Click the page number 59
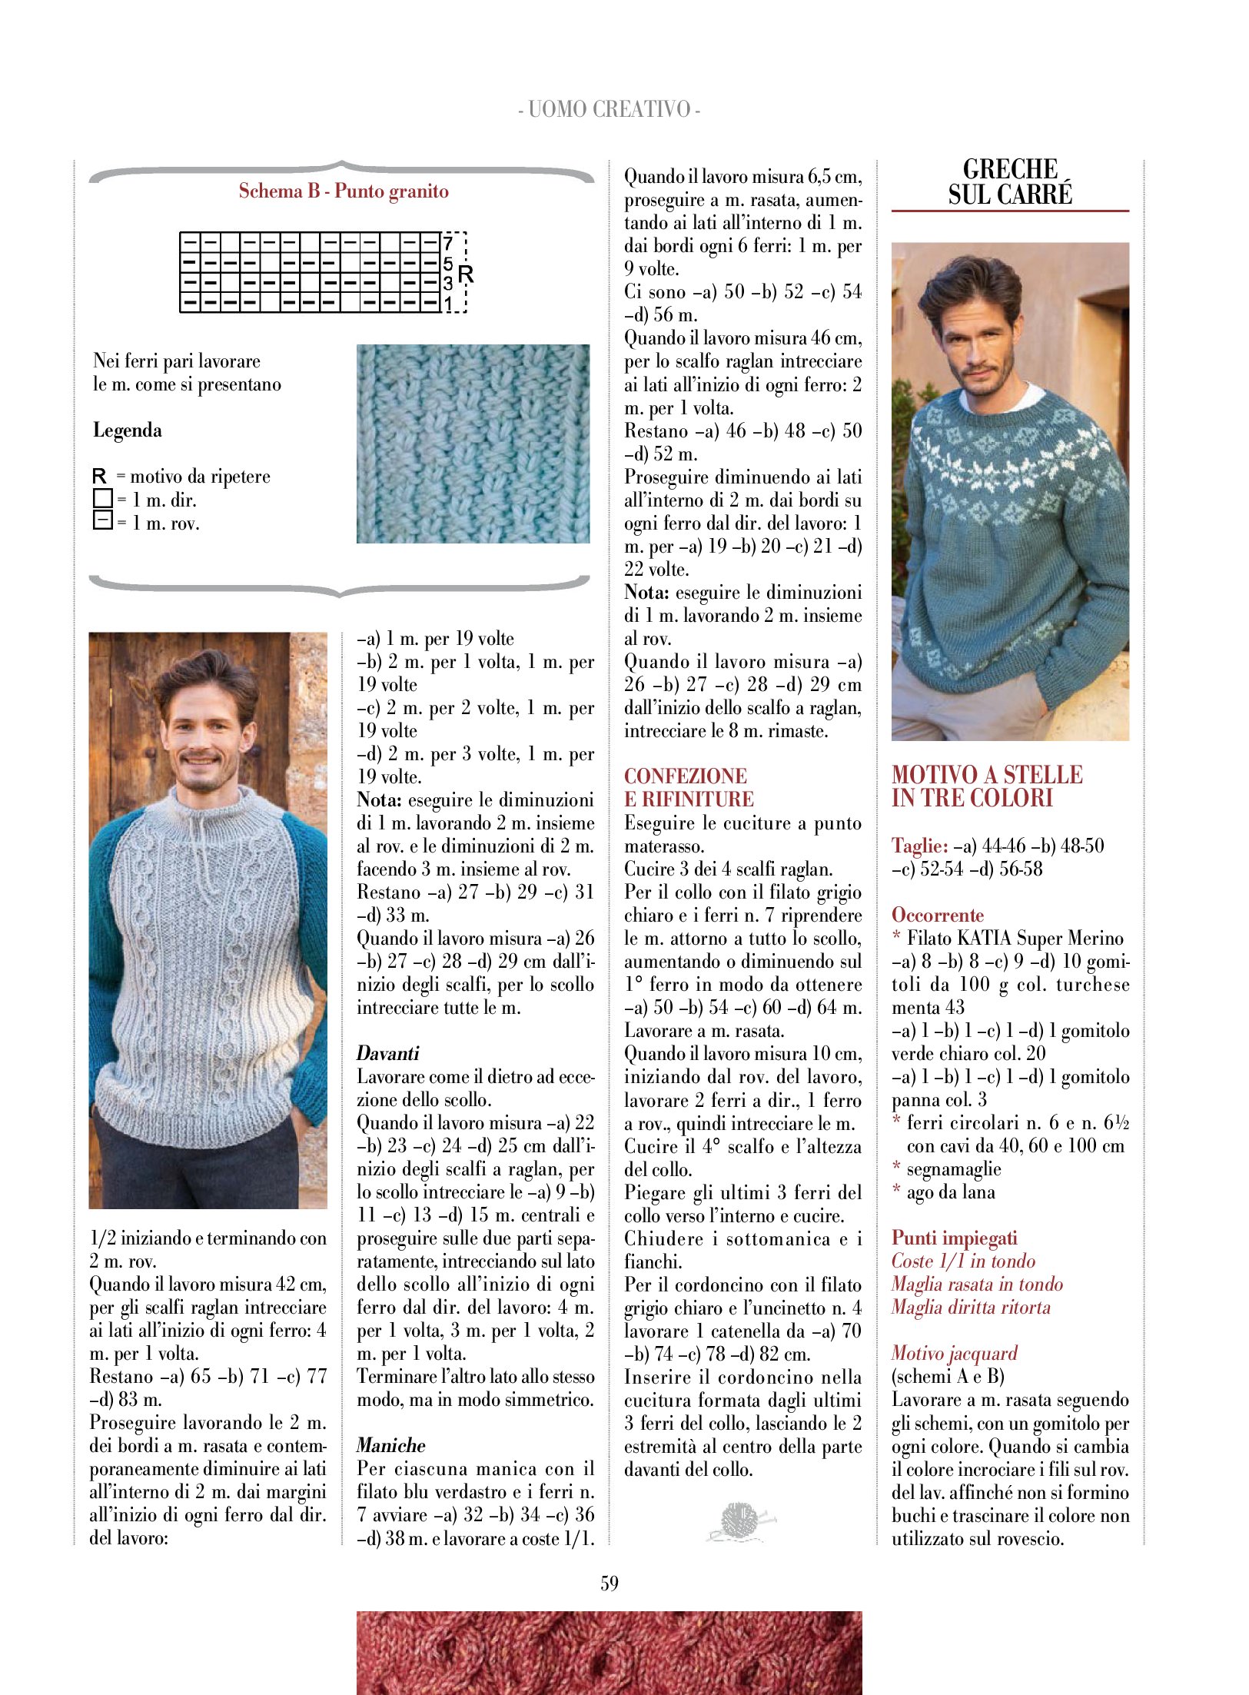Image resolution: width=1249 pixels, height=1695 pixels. [609, 1583]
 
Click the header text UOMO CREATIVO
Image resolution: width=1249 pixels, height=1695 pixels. [609, 109]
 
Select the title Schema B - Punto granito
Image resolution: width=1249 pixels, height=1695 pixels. [344, 191]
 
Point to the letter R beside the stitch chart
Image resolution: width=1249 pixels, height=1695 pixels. [466, 274]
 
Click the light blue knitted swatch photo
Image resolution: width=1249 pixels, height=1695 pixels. [473, 444]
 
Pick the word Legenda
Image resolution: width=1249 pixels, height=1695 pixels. [128, 430]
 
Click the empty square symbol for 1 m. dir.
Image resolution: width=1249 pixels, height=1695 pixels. [102, 499]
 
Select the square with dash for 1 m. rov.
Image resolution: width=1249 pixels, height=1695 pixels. [102, 521]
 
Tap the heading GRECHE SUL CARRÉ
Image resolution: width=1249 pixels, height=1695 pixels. [1010, 182]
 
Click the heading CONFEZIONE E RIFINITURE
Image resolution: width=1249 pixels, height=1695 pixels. [689, 787]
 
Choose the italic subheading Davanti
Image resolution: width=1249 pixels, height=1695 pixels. [388, 1053]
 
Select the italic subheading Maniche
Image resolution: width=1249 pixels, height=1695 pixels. [390, 1445]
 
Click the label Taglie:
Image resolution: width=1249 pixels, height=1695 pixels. [920, 846]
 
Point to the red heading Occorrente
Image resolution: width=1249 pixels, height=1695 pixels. [938, 915]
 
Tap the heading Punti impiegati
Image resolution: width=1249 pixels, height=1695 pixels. [954, 1238]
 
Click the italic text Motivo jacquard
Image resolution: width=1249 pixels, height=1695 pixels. [954, 1353]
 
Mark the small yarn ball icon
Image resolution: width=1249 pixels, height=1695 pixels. [739, 1521]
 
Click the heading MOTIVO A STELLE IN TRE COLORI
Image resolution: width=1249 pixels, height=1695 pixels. [987, 786]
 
